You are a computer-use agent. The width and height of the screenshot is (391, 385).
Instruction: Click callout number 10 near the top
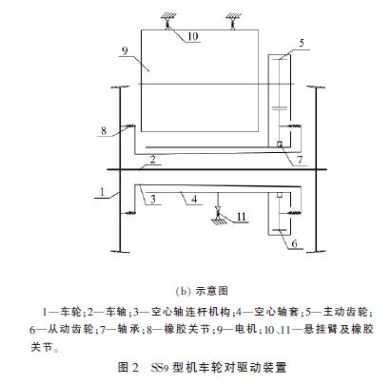coord(193,36)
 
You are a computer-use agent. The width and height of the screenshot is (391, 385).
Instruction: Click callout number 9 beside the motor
coord(125,50)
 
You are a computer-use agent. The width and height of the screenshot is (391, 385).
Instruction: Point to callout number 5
coord(302,43)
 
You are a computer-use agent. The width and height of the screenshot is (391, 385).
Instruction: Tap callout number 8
coord(104,130)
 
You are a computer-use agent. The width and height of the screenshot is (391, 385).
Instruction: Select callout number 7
coord(300,160)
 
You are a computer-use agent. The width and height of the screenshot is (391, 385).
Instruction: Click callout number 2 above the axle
coord(153,160)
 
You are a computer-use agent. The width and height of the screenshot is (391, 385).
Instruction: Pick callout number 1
coord(102,192)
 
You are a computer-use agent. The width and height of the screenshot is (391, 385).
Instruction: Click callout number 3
coord(153,199)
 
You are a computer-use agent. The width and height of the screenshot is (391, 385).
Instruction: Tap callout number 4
coord(194,199)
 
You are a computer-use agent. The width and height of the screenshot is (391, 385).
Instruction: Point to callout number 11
coord(242,217)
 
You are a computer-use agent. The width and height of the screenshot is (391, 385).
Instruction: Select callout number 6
coord(294,243)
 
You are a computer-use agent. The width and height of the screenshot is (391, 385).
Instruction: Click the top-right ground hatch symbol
coord(234,16)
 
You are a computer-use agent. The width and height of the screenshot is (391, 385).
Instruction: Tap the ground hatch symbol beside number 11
coord(219,221)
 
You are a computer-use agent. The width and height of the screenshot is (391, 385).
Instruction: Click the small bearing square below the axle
coord(280,195)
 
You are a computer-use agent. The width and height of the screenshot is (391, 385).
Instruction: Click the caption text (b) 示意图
coord(202,291)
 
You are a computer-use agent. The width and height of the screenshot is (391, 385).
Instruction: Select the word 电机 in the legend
coord(245,329)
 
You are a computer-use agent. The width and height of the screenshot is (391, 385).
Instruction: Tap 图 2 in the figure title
coord(128,367)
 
